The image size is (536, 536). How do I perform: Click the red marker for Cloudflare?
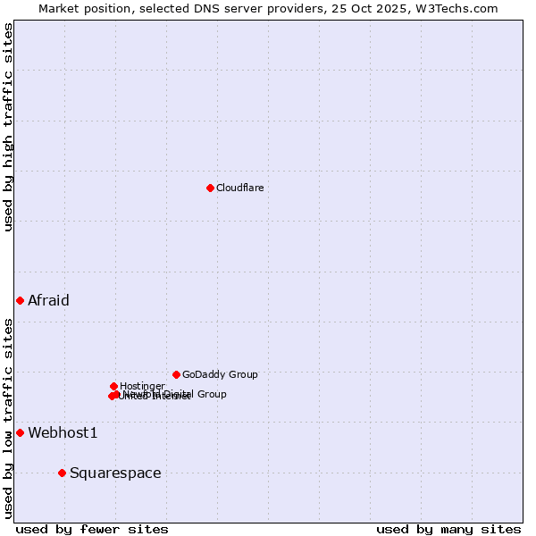tap(210, 188)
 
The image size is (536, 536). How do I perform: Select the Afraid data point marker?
tap(20, 300)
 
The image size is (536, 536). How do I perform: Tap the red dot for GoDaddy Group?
tap(176, 374)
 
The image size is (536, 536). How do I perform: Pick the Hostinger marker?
tap(113, 386)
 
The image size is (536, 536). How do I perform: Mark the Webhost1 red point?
tap(20, 432)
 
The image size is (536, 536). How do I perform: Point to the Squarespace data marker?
tap(62, 473)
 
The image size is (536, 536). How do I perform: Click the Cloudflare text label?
tap(239, 188)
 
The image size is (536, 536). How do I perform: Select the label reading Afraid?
tap(48, 300)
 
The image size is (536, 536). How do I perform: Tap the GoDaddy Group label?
tap(220, 374)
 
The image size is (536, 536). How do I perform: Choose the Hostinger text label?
tap(142, 386)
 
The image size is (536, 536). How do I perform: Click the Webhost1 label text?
tap(63, 432)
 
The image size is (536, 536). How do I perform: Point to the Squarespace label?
tap(115, 473)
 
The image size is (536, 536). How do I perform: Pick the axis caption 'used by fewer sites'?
tap(92, 529)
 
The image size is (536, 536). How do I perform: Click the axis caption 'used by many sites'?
tap(448, 529)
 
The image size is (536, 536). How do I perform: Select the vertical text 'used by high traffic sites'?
tap(8, 128)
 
